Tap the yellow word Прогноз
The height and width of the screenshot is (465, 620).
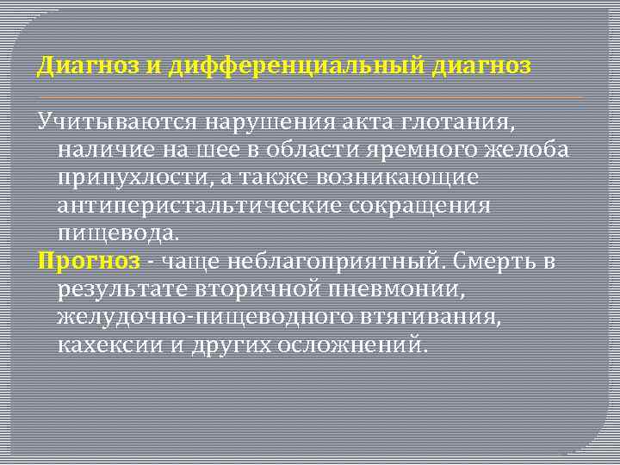(87, 261)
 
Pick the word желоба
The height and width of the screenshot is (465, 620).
(529, 151)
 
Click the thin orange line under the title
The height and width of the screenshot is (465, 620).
(310, 97)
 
